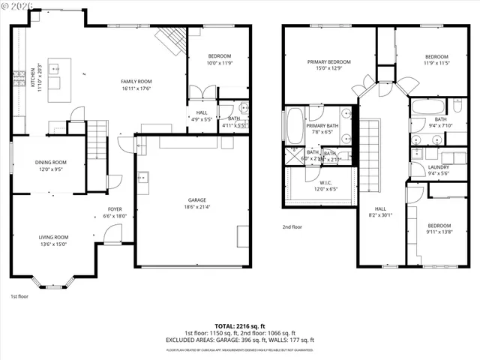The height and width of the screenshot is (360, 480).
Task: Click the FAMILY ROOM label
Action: (136, 81)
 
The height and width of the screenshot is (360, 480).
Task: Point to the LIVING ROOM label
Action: (53, 237)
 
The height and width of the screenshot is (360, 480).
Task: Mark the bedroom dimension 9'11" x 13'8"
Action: (439, 232)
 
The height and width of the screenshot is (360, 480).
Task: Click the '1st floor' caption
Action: (19, 296)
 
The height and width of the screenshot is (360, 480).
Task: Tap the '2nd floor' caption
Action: (292, 226)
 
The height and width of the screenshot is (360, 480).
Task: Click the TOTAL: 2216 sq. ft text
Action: (240, 326)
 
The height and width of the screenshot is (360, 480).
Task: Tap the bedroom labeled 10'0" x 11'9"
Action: (220, 59)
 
